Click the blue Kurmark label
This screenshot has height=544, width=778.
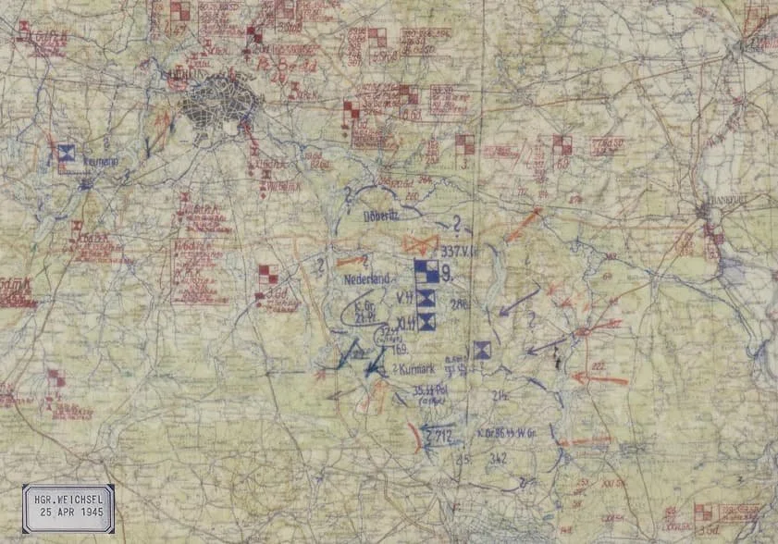point(424,369)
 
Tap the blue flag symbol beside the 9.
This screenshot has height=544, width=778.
point(426,272)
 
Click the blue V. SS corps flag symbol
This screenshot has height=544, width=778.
point(426,298)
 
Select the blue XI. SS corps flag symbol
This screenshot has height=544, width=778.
point(426,322)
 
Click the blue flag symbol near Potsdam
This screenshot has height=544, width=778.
point(67,153)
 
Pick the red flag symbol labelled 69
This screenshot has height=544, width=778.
point(562,144)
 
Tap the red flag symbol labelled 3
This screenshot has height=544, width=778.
point(464,144)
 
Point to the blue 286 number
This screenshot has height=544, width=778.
point(460,303)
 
